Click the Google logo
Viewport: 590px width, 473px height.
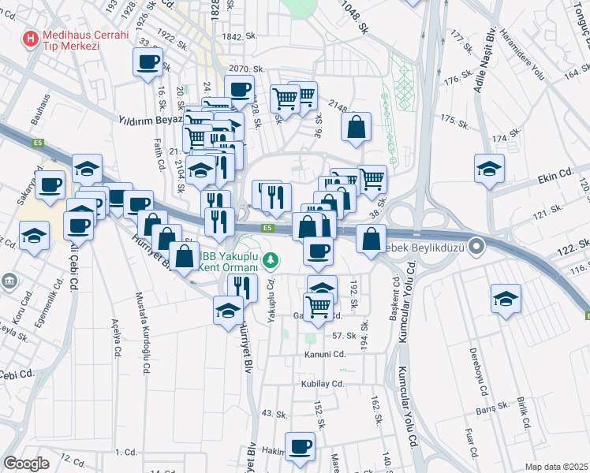coord(26,464)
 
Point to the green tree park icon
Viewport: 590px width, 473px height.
coord(271,258)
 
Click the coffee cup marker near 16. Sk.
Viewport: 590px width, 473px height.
coord(147,61)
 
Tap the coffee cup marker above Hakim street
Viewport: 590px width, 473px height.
coord(300,447)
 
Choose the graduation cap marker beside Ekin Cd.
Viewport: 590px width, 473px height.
coord(489,168)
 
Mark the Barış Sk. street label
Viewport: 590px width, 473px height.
coord(489,411)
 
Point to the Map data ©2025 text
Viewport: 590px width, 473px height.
coord(556,467)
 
